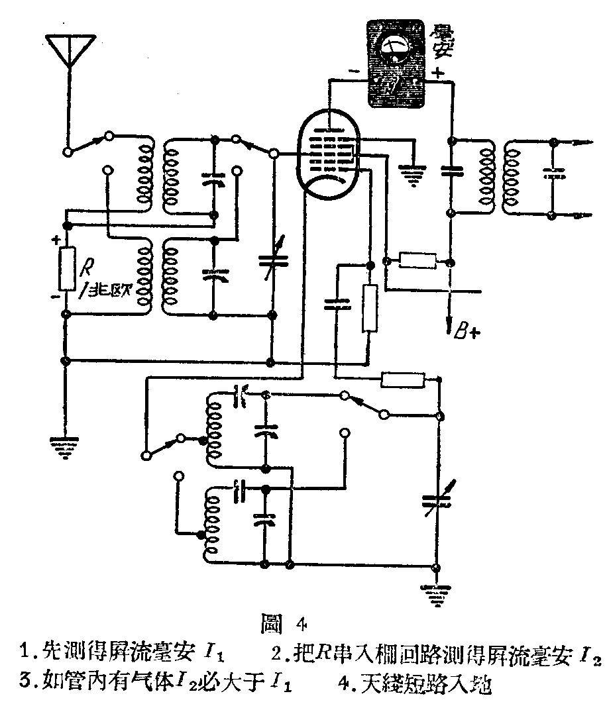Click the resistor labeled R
(66, 268)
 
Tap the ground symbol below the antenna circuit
(65, 446)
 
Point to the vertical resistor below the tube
(369, 307)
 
